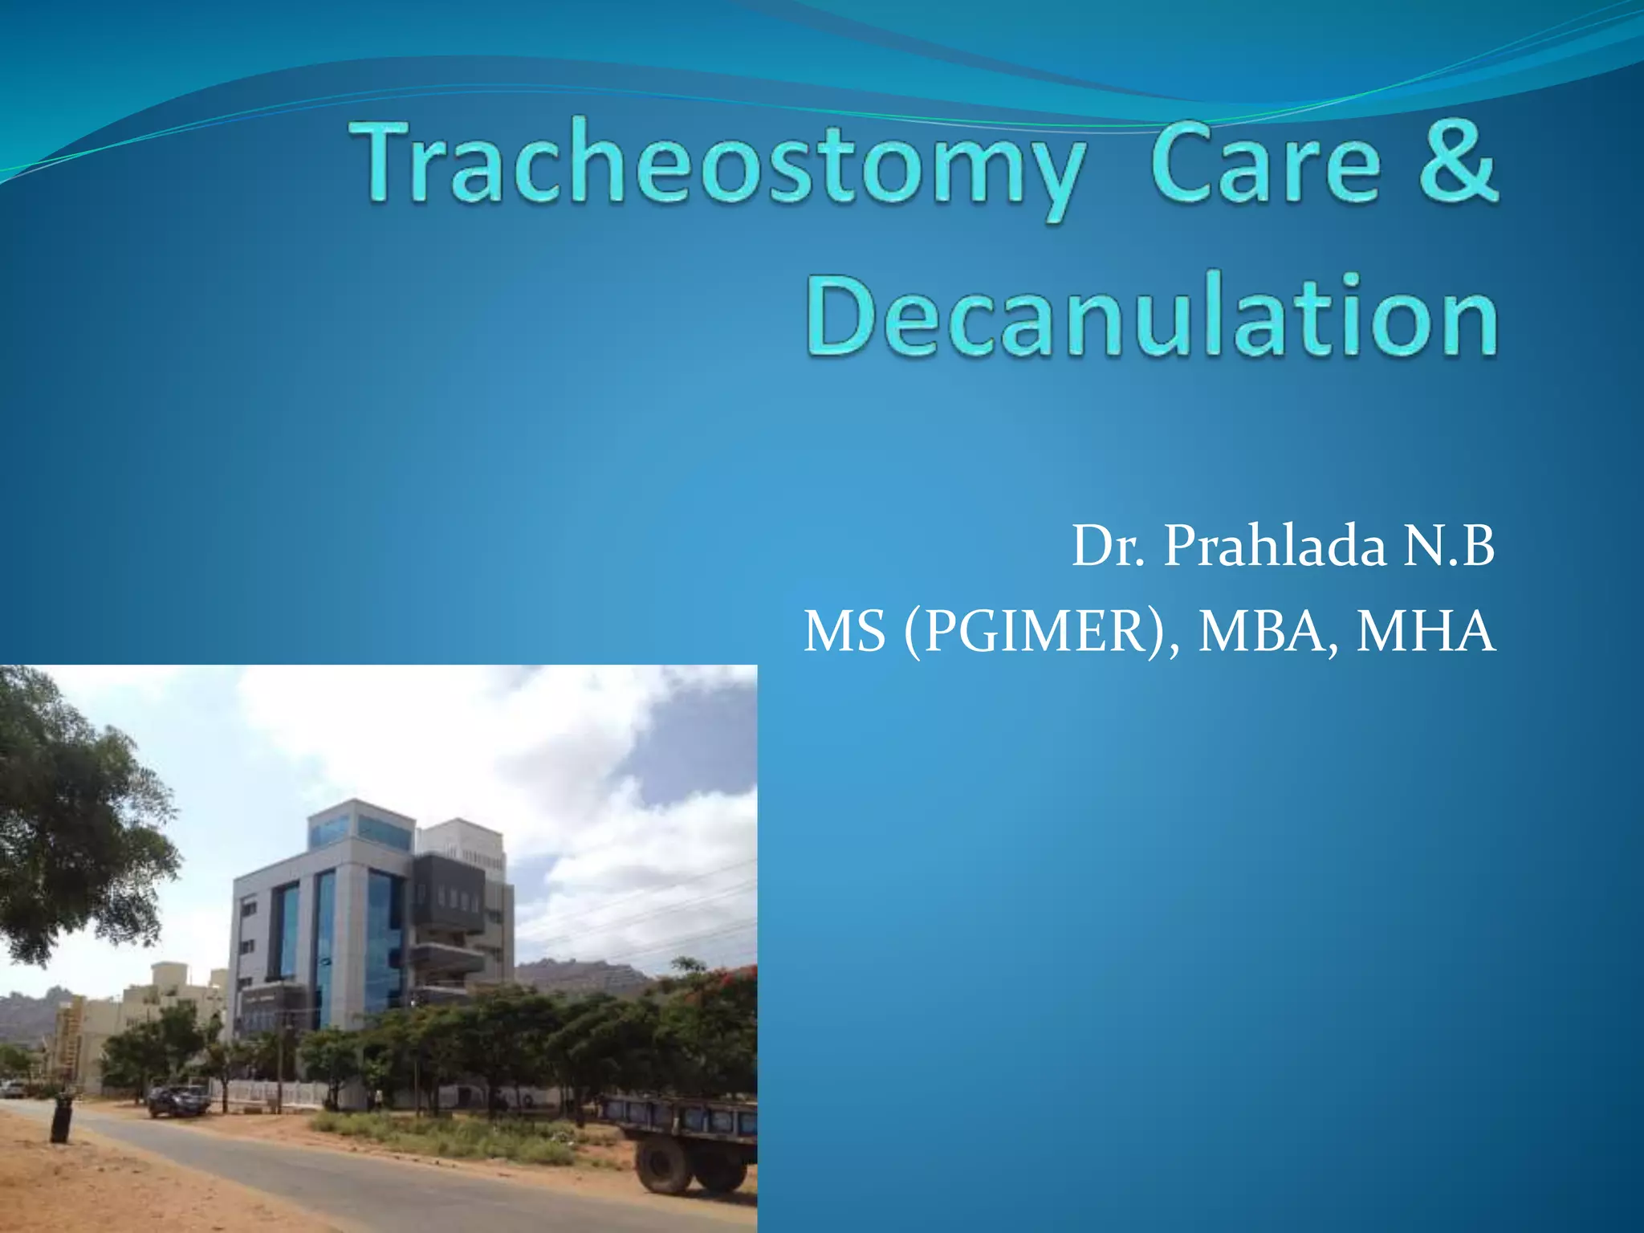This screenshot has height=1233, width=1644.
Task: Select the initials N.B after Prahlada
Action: click(x=1449, y=547)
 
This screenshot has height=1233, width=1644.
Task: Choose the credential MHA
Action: click(x=1426, y=632)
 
